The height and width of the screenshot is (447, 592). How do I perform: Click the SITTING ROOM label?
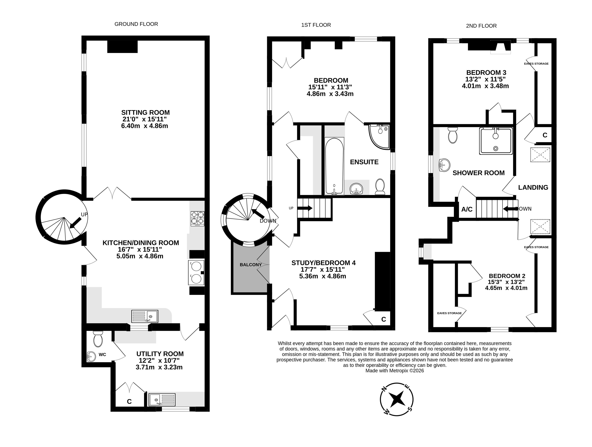tap(145, 112)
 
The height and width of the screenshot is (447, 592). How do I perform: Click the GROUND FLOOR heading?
tap(136, 24)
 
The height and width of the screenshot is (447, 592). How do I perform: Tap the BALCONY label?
tap(251, 265)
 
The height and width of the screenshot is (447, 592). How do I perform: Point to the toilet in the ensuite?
tap(380, 186)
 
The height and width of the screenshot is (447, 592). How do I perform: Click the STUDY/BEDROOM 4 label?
tap(324, 263)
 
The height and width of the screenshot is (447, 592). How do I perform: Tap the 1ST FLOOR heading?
tap(316, 25)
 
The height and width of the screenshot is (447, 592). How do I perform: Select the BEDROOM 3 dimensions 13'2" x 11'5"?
tap(486, 79)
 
